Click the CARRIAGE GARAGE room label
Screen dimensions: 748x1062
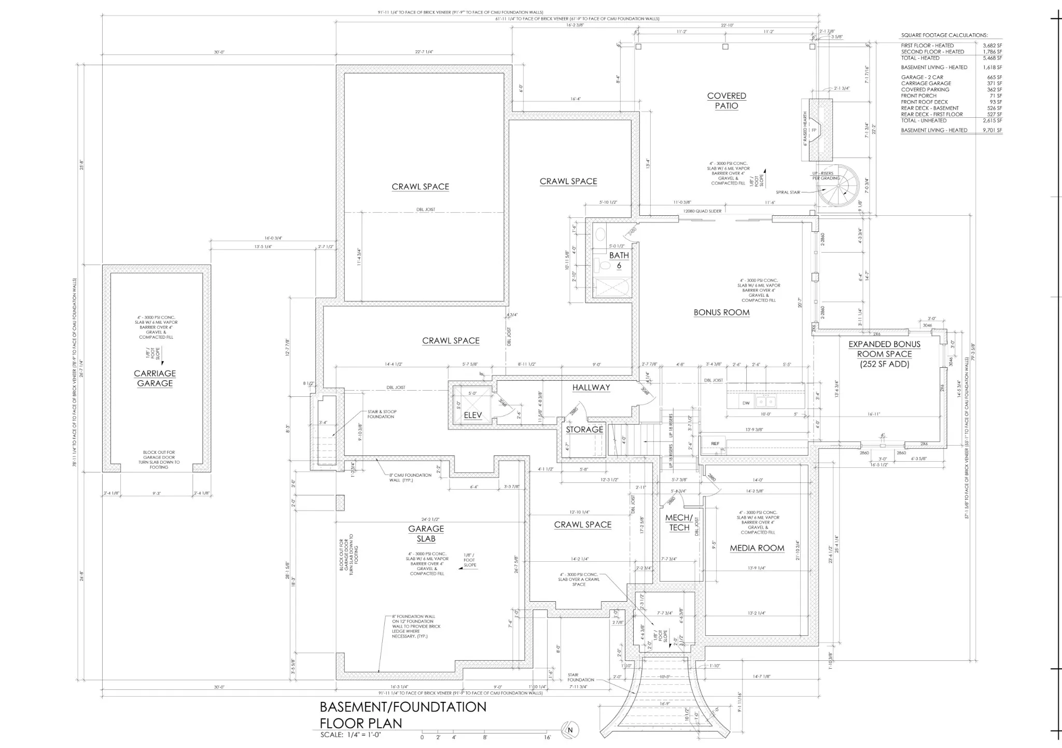(155, 378)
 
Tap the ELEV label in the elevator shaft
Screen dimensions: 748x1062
(472, 415)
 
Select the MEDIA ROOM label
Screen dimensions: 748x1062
(757, 548)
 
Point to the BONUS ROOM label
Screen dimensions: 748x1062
(721, 312)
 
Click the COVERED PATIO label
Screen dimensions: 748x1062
(726, 101)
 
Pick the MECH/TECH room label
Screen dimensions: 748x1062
(679, 522)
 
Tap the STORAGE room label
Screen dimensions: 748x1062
(584, 430)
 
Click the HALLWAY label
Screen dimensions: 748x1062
(591, 387)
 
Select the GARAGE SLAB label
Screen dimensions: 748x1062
(426, 533)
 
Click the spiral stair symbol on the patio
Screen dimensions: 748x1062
(837, 186)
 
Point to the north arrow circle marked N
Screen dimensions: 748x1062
(571, 730)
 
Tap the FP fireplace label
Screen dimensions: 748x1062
(814, 130)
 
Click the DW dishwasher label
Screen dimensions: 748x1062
(746, 403)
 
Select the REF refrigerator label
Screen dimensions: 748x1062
(715, 444)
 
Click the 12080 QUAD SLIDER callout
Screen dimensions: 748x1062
(702, 211)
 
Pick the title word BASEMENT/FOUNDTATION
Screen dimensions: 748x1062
(403, 707)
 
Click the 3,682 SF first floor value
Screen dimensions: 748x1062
(992, 46)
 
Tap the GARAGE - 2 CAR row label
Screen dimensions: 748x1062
(922, 77)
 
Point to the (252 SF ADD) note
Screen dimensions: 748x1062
(884, 364)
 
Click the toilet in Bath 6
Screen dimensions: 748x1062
(605, 266)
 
